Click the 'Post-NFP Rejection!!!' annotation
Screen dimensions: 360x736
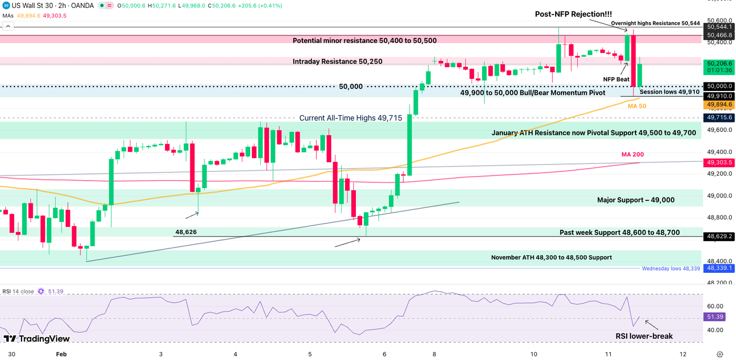pyautogui.click(x=573, y=14)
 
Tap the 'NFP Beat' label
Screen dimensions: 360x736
pyautogui.click(x=616, y=79)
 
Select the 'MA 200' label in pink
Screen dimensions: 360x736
pyautogui.click(x=632, y=155)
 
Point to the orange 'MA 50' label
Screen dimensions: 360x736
pyautogui.click(x=637, y=106)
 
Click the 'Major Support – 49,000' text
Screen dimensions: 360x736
pyautogui.click(x=636, y=200)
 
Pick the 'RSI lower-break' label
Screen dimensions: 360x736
pyautogui.click(x=644, y=336)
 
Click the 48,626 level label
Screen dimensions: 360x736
pyautogui.click(x=186, y=231)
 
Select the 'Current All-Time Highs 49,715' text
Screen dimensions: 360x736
pyautogui.click(x=351, y=118)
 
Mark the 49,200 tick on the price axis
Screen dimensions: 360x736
pyautogui.click(x=718, y=173)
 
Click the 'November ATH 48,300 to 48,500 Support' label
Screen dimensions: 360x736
pyautogui.click(x=551, y=258)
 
